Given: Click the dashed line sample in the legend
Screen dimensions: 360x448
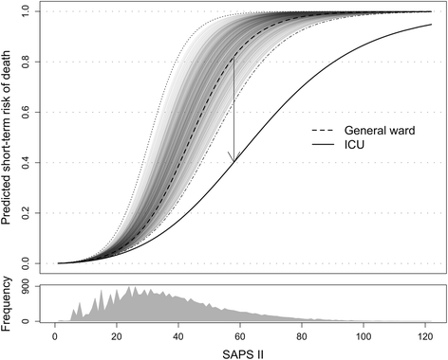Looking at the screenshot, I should click(324, 131).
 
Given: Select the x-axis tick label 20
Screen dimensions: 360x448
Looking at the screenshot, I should click(117, 335).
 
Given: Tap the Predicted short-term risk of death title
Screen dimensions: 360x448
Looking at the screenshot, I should click(9, 136).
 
